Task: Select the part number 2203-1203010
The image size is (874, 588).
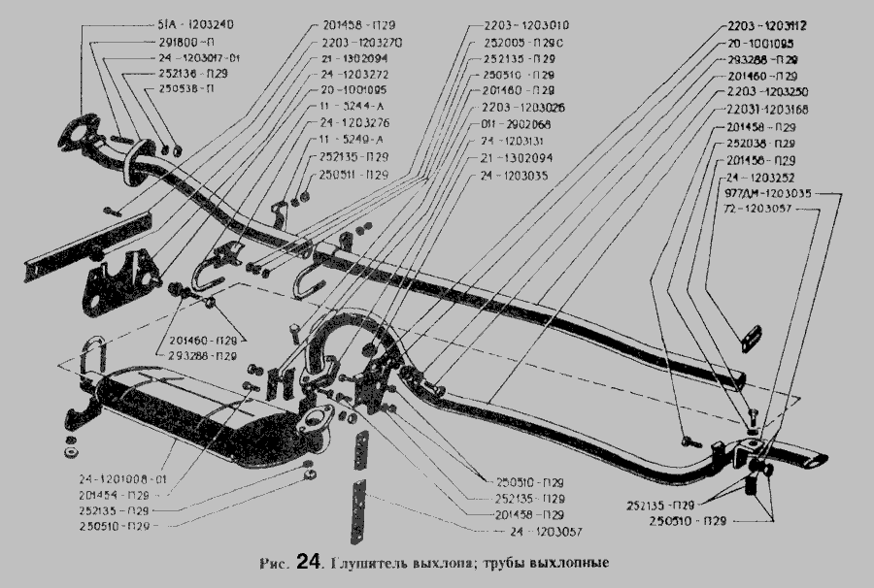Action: (x=527, y=24)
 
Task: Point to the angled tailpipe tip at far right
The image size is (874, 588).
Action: (x=811, y=457)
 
